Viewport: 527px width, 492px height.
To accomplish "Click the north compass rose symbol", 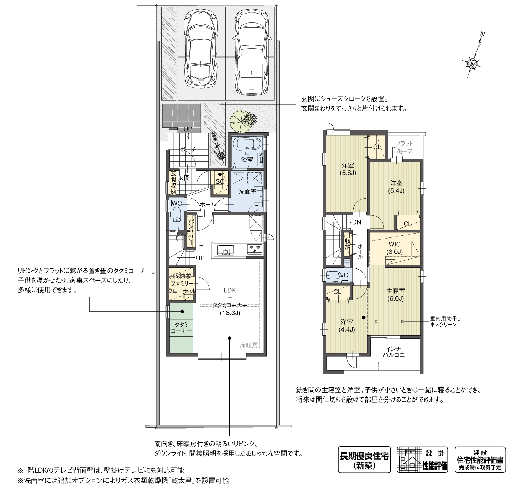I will (x=472, y=63).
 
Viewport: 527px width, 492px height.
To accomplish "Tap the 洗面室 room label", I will (x=247, y=191).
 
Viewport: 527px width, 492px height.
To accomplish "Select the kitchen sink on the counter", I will (x=225, y=250).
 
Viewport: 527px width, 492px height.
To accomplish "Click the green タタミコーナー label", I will (x=181, y=328).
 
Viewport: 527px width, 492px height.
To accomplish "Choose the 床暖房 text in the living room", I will (x=249, y=345).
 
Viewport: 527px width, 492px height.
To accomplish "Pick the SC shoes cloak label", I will (x=220, y=181).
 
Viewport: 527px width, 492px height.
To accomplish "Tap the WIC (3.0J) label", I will (x=395, y=248).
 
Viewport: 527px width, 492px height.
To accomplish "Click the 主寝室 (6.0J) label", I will (x=395, y=295).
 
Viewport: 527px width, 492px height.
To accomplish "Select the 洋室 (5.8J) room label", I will (x=348, y=169).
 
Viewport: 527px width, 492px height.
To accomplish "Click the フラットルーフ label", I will (x=404, y=147).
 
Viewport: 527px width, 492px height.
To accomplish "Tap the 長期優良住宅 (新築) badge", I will (x=364, y=460).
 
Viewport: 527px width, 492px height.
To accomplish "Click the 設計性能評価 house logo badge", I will (x=422, y=460).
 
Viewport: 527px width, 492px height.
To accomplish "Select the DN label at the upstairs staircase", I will (x=356, y=222).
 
